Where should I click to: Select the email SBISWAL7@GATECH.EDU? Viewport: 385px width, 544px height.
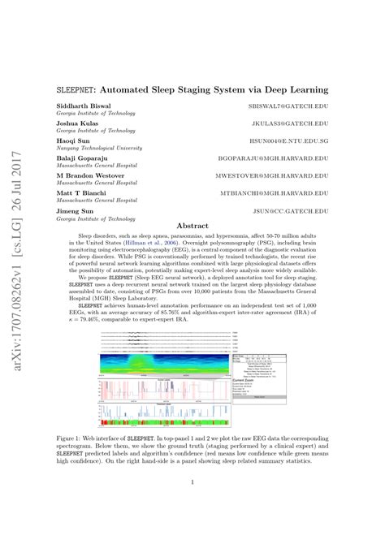(x=291, y=106)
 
